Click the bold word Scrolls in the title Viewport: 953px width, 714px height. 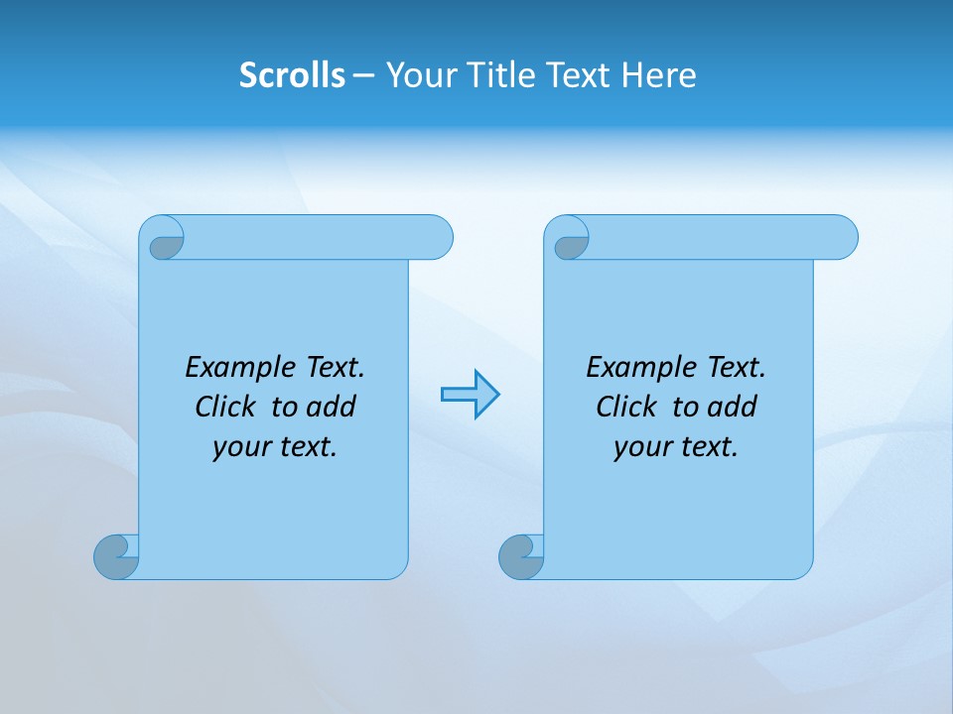pyautogui.click(x=292, y=74)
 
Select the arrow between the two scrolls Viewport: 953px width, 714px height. pyautogui.click(x=470, y=395)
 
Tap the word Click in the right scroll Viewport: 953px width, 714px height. pyautogui.click(x=626, y=407)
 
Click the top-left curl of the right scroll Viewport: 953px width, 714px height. pyautogui.click(x=570, y=241)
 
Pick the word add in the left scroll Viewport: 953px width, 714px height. pyautogui.click(x=332, y=407)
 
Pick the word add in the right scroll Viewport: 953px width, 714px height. pyautogui.click(x=733, y=407)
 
